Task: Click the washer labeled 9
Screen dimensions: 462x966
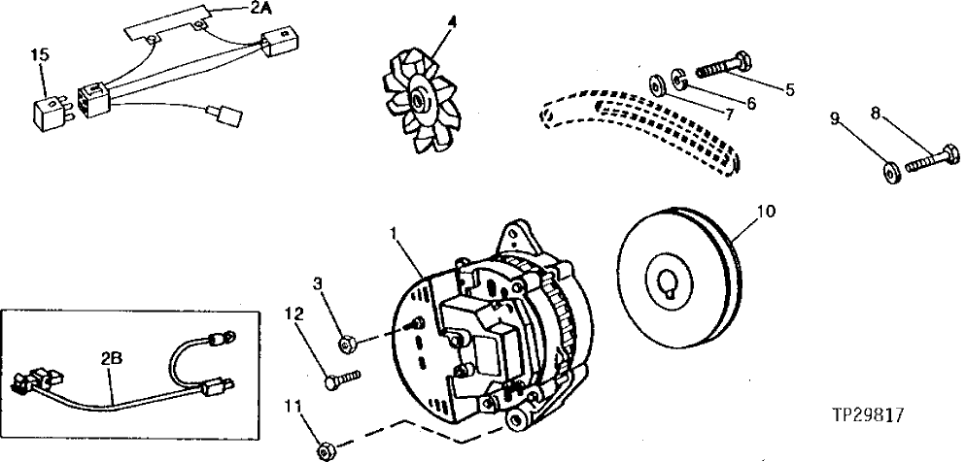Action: (889, 172)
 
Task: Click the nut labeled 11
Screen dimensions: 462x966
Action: (326, 448)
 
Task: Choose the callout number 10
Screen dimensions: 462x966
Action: (766, 210)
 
